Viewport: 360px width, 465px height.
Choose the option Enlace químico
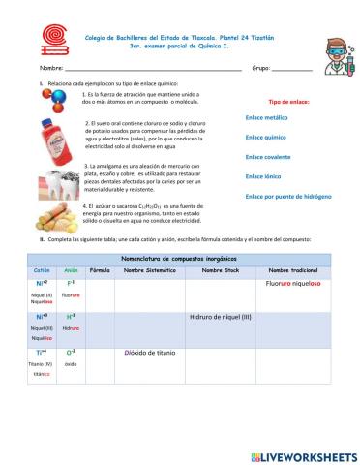[x=266, y=138]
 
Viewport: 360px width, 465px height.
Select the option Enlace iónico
[x=263, y=176]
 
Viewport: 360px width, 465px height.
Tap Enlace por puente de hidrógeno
[x=287, y=196]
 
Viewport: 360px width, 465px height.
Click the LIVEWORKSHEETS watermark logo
[x=303, y=456]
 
